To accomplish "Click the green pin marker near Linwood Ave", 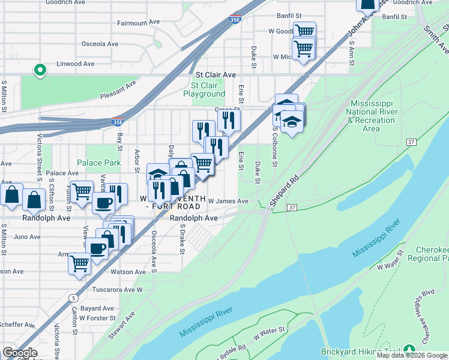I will click(x=40, y=71).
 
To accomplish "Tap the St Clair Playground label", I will click(x=204, y=89).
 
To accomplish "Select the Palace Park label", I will click(x=99, y=163).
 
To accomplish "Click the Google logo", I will click(x=20, y=353).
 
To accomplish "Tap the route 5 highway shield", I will click(x=73, y=297).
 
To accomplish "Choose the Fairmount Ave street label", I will click(x=139, y=22).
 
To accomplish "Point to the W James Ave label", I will click(x=228, y=202).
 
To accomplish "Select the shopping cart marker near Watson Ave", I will click(x=79, y=263).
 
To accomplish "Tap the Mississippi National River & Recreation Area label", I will click(x=371, y=116).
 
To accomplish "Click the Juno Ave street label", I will click(x=27, y=237).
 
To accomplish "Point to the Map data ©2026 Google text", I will click(x=412, y=355).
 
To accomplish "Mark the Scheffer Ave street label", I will click(x=17, y=325).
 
